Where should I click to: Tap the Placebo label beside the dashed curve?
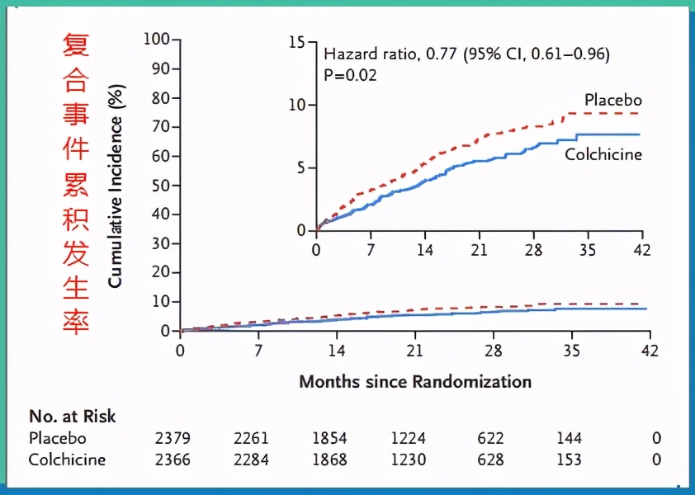(612, 100)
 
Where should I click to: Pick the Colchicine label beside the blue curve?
(603, 154)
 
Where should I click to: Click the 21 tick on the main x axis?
(415, 351)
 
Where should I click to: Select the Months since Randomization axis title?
(414, 381)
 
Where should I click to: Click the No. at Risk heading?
(73, 417)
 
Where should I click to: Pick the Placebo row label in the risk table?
(57, 438)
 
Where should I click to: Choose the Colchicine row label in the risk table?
(67, 460)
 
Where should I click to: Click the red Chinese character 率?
(75, 322)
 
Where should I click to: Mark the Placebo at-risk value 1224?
(409, 438)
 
